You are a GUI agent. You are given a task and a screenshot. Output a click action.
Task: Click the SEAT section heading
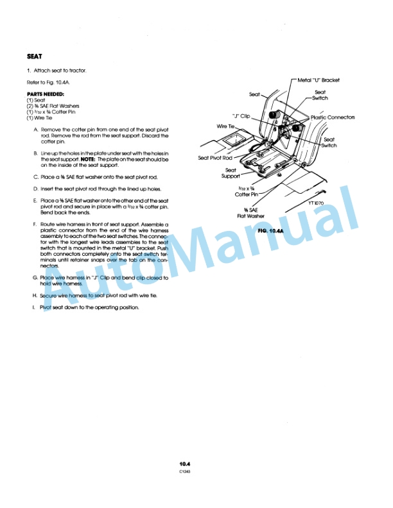coord(35,56)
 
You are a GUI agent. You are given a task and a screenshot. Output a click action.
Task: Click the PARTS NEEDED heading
coord(45,94)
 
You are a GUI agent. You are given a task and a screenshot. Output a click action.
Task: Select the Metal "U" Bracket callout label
coord(319,80)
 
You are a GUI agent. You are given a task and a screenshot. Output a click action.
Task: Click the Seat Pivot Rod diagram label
coord(215,158)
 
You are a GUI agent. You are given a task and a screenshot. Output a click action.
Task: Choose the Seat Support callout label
coord(230,173)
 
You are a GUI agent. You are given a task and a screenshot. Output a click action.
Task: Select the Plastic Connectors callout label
coord(333,117)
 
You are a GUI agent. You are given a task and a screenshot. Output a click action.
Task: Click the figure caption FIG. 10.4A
coord(270,230)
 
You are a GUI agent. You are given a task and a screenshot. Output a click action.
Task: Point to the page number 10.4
coord(186,463)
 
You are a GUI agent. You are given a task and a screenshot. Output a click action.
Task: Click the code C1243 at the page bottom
coord(186,471)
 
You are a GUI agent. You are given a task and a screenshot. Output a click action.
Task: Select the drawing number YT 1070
coord(317,203)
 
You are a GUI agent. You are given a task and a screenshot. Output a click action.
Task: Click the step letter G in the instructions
coord(34,278)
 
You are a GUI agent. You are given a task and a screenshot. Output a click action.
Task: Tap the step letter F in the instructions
coord(34,224)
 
